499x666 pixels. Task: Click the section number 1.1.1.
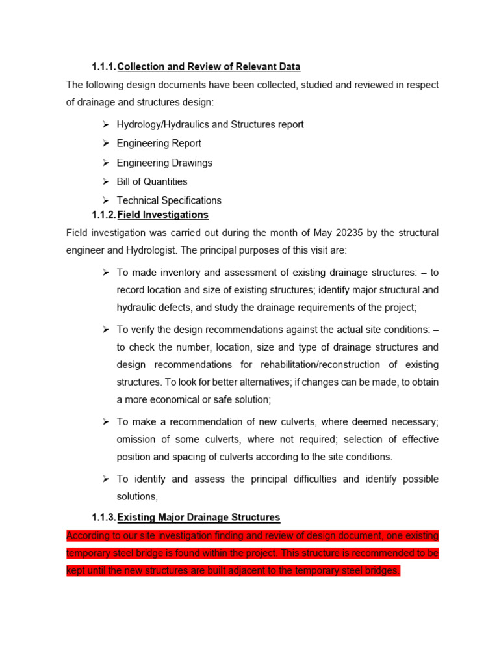point(103,66)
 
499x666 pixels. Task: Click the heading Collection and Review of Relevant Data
point(209,66)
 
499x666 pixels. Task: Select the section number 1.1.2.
point(103,214)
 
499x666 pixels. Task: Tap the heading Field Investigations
point(162,214)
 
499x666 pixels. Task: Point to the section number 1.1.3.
point(103,517)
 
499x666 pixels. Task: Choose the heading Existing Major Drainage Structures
point(198,517)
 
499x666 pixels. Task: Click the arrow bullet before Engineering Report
point(106,143)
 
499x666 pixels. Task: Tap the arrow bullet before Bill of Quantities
point(106,181)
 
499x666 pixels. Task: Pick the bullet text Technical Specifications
point(169,200)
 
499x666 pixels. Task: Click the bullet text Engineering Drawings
point(164,163)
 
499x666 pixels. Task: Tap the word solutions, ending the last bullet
point(137,496)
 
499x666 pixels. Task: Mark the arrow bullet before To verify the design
point(106,330)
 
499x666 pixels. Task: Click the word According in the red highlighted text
point(88,536)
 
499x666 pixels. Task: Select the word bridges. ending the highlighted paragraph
point(381,571)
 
